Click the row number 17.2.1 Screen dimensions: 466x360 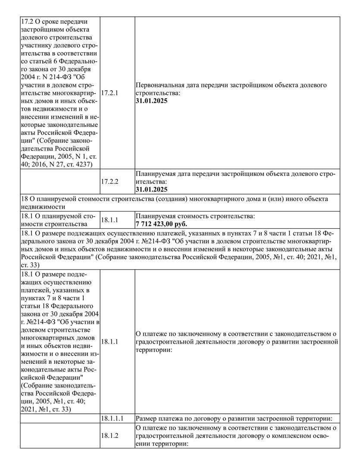click(109, 93)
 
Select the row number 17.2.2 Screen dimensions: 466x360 click(109, 182)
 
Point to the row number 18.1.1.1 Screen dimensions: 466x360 click(112, 419)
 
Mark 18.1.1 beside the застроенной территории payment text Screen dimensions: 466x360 click(109, 342)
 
